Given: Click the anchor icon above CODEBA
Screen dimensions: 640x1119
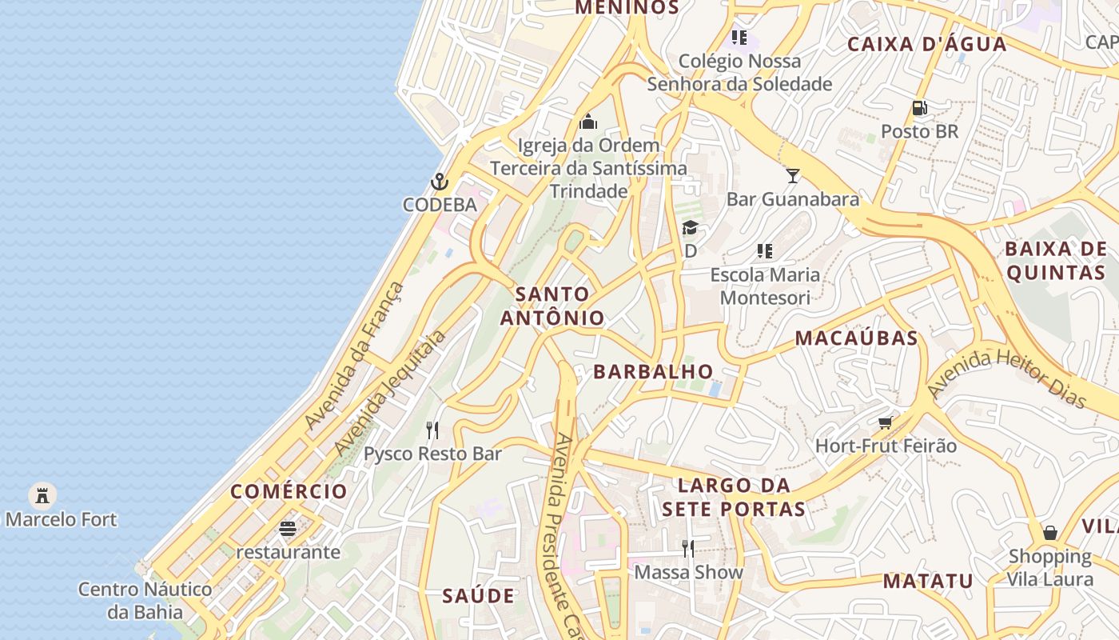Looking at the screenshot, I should click(439, 182).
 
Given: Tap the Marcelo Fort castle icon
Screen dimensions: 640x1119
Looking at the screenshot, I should click(42, 496).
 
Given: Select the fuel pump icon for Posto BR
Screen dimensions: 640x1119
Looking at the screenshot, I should click(919, 107).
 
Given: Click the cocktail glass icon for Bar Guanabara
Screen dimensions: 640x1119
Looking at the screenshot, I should click(792, 176).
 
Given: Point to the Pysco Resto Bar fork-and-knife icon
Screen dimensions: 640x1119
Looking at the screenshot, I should click(432, 430).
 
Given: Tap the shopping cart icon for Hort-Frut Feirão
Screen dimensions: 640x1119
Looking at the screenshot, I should click(885, 422).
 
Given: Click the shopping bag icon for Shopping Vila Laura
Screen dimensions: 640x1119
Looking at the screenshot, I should click(1049, 532).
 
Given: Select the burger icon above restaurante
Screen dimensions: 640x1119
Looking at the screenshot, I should click(288, 529).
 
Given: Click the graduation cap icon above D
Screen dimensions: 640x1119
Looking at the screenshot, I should click(690, 228).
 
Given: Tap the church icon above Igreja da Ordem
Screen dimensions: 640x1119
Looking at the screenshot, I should click(588, 122).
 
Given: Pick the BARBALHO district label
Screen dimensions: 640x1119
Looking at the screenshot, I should click(653, 371).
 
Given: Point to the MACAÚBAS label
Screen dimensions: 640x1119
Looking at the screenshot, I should click(856, 338).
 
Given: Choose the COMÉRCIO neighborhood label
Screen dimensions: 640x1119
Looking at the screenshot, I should click(289, 491).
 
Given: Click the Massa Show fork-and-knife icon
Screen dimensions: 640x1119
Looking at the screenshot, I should click(687, 548).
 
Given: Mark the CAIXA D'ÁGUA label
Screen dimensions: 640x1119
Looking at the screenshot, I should click(926, 44).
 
